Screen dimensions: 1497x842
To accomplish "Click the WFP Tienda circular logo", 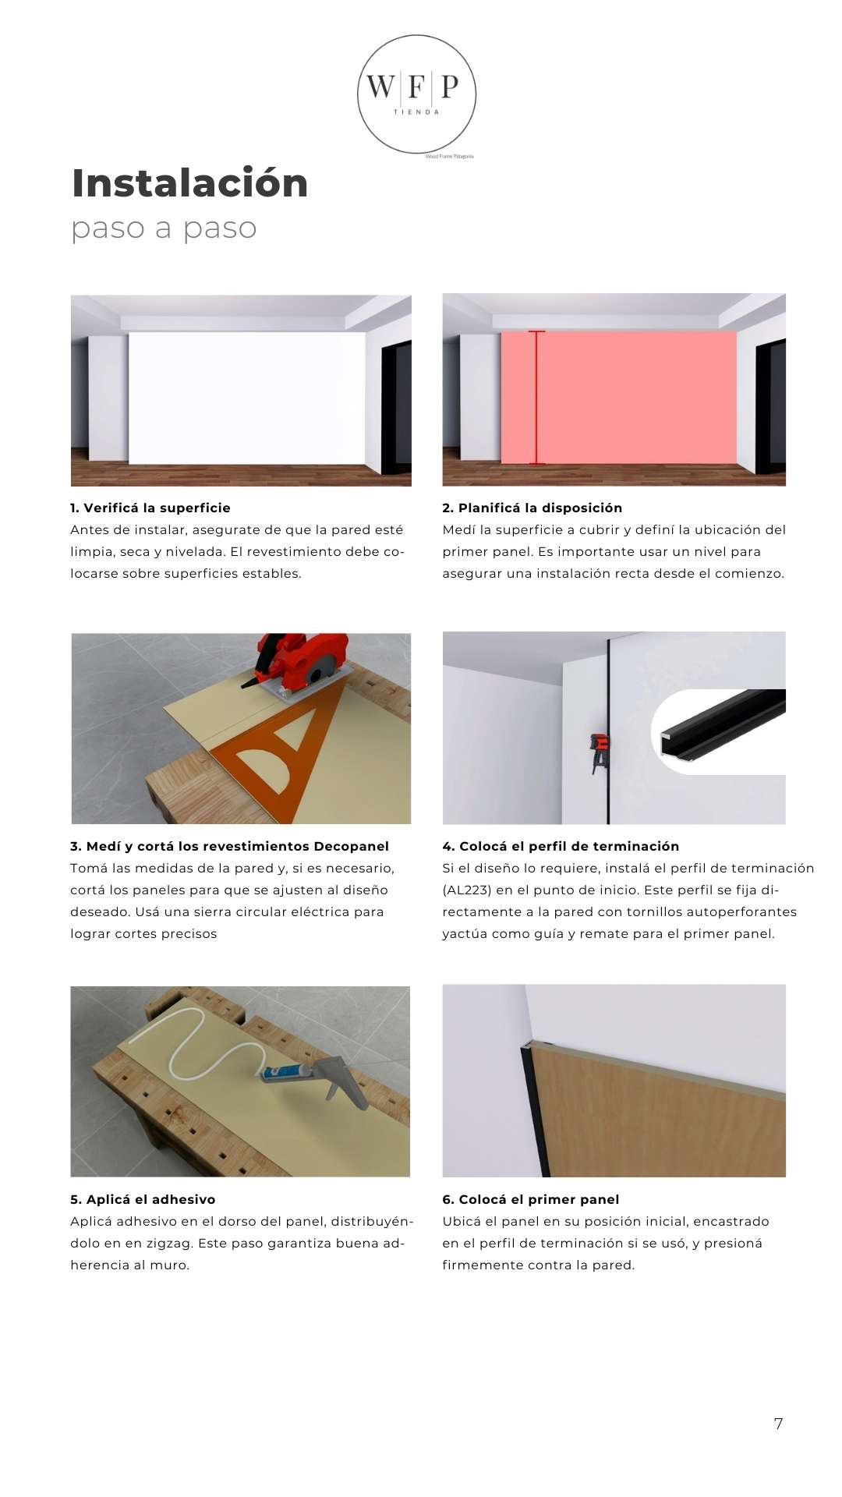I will (x=416, y=94).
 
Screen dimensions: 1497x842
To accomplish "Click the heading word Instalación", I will (x=189, y=183).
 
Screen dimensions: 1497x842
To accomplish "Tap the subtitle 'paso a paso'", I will (x=164, y=228).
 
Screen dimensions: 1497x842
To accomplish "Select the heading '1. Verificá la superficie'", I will (x=150, y=508).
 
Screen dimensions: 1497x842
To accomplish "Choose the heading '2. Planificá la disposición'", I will (x=532, y=508).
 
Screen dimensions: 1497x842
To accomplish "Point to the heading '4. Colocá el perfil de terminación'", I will (x=561, y=846).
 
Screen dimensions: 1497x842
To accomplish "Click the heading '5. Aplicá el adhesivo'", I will (x=143, y=1199).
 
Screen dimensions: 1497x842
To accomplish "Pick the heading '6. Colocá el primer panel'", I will (x=530, y=1199).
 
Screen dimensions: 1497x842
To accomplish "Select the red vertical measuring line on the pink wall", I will (x=536, y=398).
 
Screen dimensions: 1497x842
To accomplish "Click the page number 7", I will (x=778, y=1424).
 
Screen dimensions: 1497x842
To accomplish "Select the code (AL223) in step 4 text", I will (x=467, y=890).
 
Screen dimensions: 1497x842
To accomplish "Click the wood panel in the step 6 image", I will (x=663, y=1123).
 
